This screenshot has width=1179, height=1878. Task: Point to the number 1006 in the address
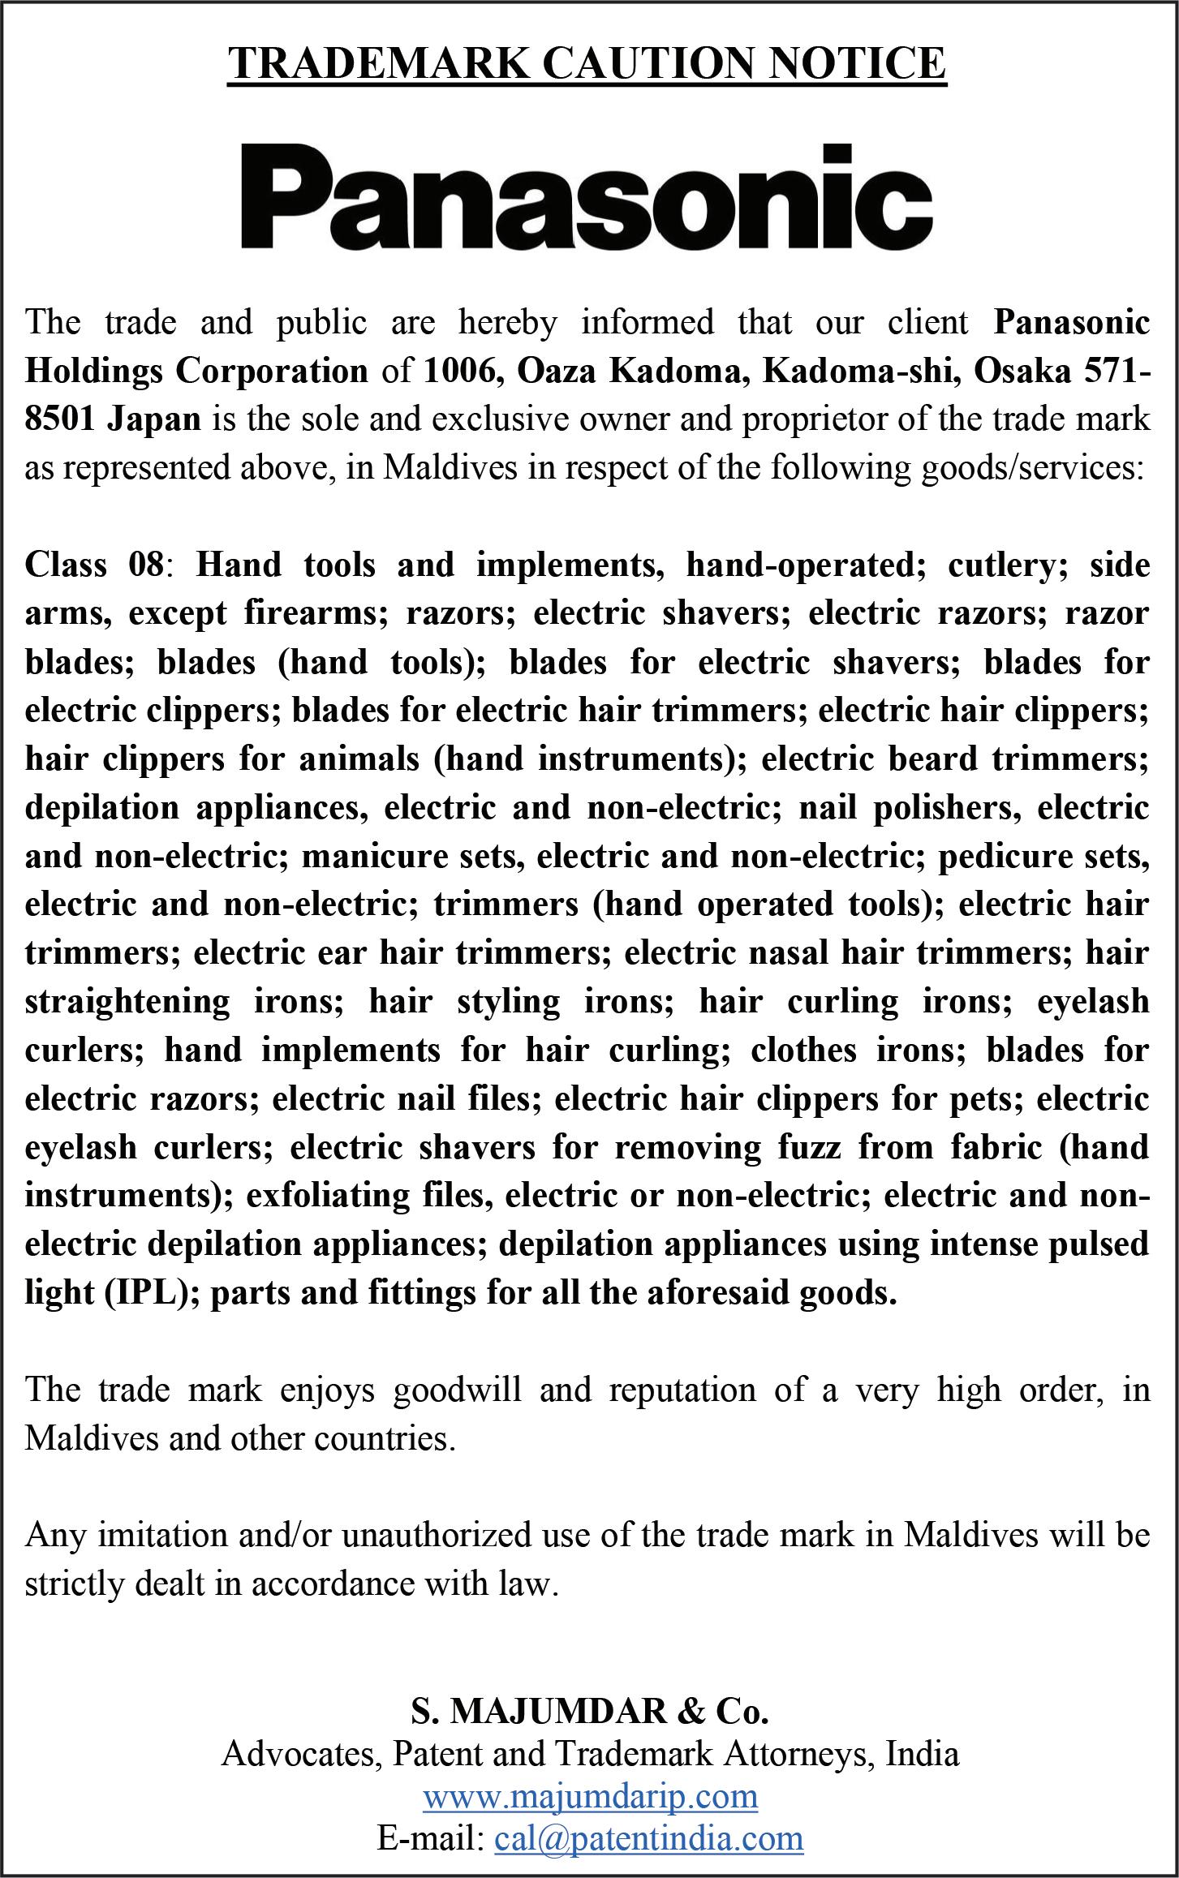(465, 372)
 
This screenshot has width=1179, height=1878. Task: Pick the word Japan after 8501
(154, 419)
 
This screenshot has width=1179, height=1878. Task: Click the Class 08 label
(95, 565)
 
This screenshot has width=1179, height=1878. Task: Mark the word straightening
(127, 1001)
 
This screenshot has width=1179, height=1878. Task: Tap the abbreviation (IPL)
(152, 1292)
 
